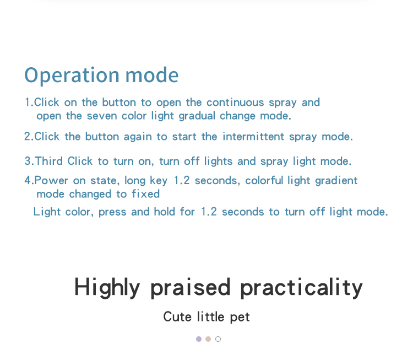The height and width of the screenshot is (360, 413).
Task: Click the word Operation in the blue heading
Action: pyautogui.click(x=72, y=76)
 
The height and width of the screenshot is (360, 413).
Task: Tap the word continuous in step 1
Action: pyautogui.click(x=235, y=103)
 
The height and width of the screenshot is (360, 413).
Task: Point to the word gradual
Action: pyautogui.click(x=197, y=116)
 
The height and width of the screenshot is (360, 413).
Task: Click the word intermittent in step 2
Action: pyautogui.click(x=253, y=137)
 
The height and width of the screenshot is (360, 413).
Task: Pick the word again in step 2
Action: pyautogui.click(x=138, y=137)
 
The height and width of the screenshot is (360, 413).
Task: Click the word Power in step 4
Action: pyautogui.click(x=51, y=181)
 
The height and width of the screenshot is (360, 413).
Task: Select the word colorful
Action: pyautogui.click(x=264, y=181)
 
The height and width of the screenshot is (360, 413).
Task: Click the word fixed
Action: pyautogui.click(x=146, y=194)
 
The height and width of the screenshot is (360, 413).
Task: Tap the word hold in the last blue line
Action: pyautogui.click(x=164, y=212)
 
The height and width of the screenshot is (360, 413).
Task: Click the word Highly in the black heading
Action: pyautogui.click(x=107, y=288)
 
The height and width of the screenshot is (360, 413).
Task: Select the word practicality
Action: pyautogui.click(x=301, y=288)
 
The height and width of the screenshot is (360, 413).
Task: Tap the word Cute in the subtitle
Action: pyautogui.click(x=177, y=317)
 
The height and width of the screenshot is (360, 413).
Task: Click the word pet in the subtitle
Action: pyautogui.click(x=240, y=318)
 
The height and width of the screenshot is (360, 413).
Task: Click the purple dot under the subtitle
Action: pyautogui.click(x=199, y=339)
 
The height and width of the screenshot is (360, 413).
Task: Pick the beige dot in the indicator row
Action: pyautogui.click(x=208, y=339)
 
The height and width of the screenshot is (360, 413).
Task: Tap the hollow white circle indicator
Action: pyautogui.click(x=218, y=336)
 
